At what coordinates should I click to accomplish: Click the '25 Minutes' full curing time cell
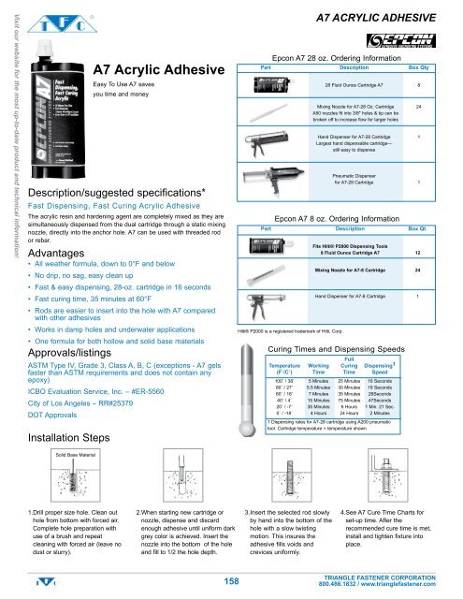pos(349,357)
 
